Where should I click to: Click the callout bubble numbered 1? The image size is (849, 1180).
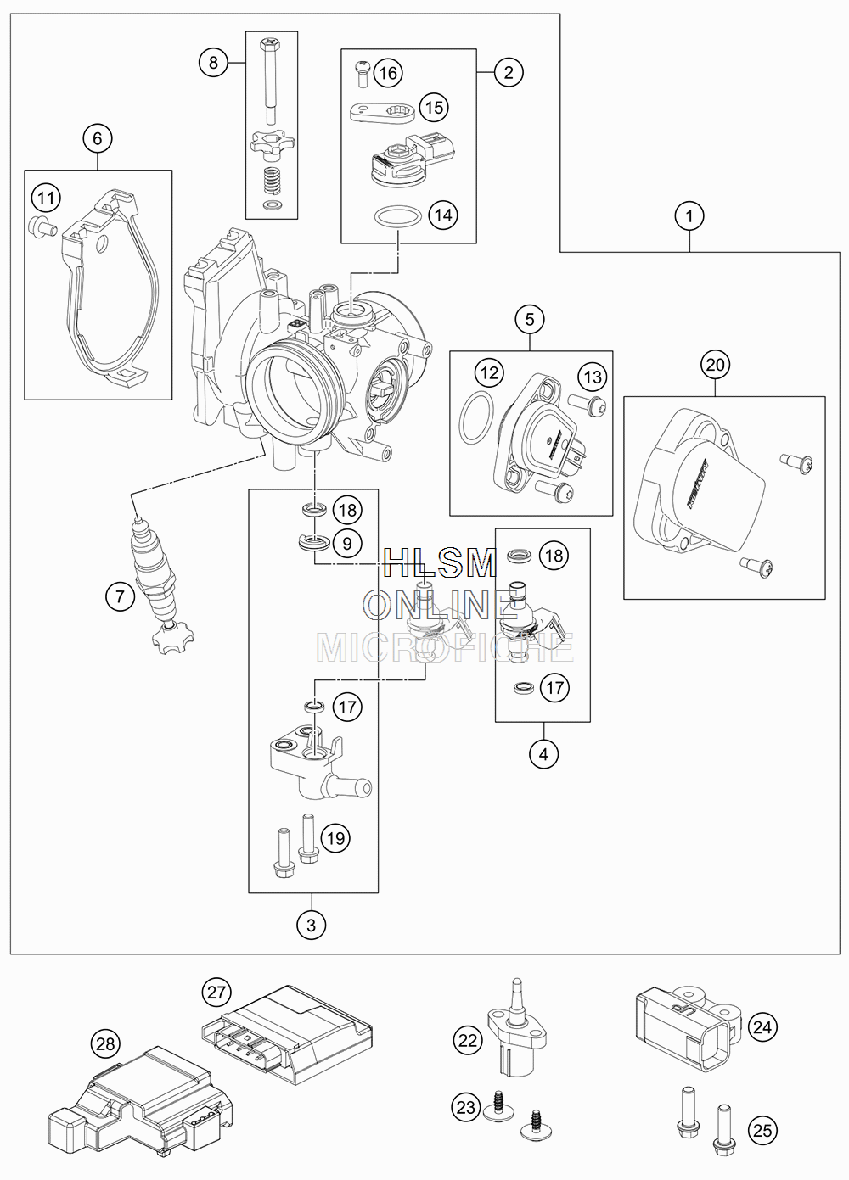click(x=689, y=215)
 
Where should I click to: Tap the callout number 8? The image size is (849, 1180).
click(x=213, y=63)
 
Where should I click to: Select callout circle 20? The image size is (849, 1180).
click(x=715, y=365)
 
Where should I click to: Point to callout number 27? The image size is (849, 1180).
click(x=216, y=993)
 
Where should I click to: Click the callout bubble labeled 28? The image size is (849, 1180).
click(x=105, y=1043)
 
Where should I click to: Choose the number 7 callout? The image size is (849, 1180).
click(x=120, y=596)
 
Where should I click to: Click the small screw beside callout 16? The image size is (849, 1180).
click(x=361, y=75)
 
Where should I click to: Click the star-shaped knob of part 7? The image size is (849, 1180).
click(x=172, y=639)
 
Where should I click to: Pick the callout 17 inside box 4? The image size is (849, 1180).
click(x=554, y=687)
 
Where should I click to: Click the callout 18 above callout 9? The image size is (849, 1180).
click(x=347, y=510)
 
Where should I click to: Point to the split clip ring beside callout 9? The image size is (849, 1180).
click(x=314, y=543)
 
